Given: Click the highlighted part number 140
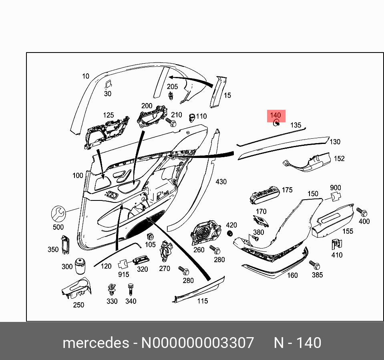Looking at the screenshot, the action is pyautogui.click(x=275, y=116).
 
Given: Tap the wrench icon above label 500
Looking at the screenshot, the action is pyautogui.click(x=58, y=214).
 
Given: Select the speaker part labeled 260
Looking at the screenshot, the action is pyautogui.click(x=206, y=233).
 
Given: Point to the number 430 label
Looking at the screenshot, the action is pyautogui.click(x=221, y=182).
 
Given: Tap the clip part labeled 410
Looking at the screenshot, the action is pyautogui.click(x=336, y=244).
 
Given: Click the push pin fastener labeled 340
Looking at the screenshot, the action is pyautogui.click(x=130, y=289).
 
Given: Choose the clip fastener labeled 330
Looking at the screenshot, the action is pyautogui.click(x=112, y=289).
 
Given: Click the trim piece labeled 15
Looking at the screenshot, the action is pyautogui.click(x=217, y=92).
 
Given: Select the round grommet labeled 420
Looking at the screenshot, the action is pyautogui.click(x=230, y=234).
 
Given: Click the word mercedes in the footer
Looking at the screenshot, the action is pyautogui.click(x=95, y=343).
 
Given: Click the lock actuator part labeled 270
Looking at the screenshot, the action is pyautogui.click(x=165, y=252).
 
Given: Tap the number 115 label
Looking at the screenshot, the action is pyautogui.click(x=203, y=301).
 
